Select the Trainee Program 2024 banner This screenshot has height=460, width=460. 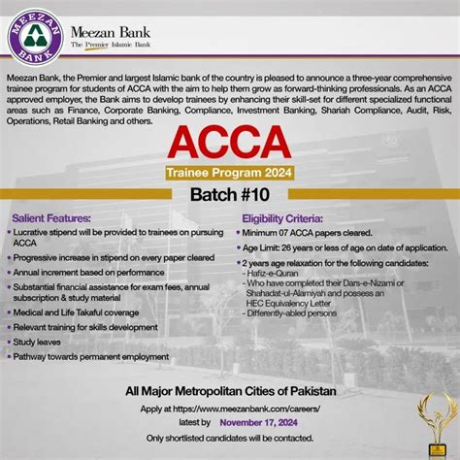tap(229, 172)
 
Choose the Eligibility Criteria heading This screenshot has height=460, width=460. tap(283, 220)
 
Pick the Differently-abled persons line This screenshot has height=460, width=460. tap(296, 314)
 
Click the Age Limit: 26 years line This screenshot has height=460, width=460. tap(336, 248)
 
